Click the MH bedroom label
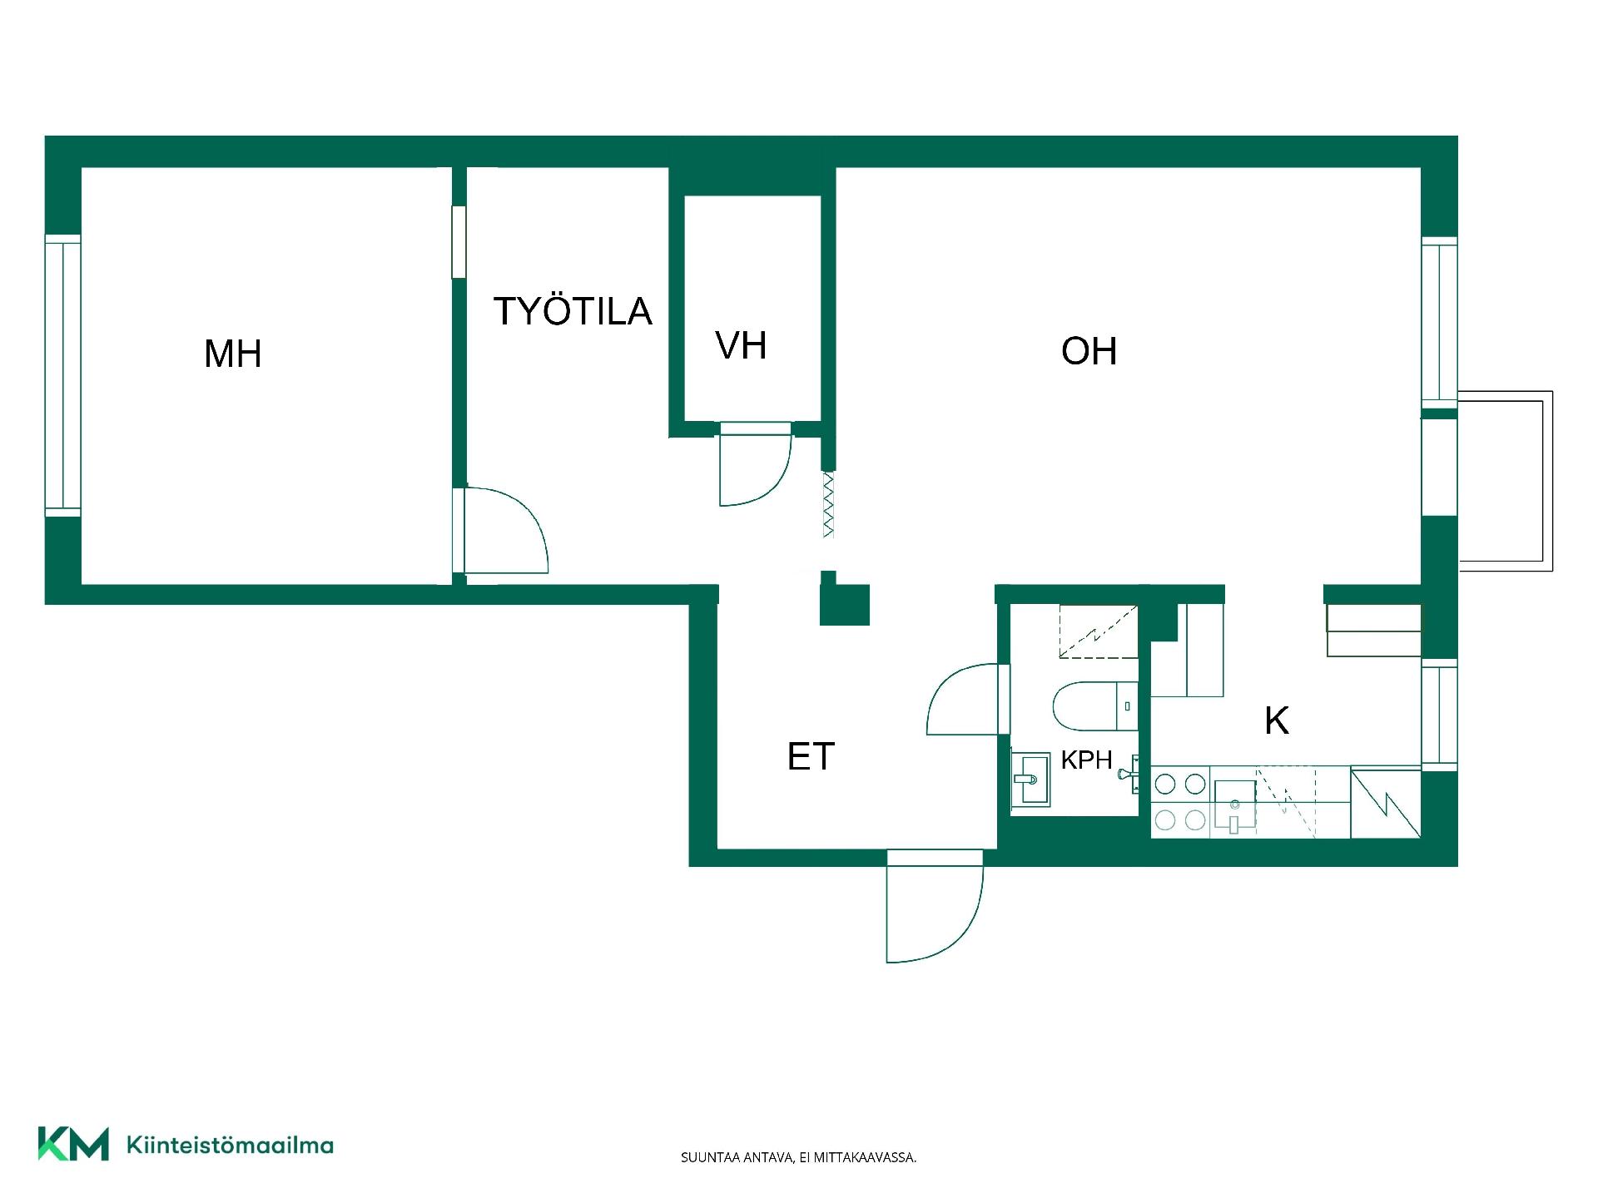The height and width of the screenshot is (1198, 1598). tap(233, 354)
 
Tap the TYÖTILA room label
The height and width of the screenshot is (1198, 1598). tap(573, 310)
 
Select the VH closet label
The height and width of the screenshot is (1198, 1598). tap(741, 345)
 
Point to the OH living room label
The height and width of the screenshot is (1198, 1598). tap(1089, 351)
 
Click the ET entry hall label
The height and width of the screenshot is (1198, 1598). tap(811, 756)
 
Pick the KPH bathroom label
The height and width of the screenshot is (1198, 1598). tap(1086, 760)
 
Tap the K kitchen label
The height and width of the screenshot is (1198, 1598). tap(1277, 720)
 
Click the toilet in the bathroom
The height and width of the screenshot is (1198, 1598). tap(1094, 706)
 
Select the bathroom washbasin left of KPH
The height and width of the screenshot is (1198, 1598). tap(1030, 779)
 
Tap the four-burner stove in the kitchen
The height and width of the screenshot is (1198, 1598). tap(1180, 802)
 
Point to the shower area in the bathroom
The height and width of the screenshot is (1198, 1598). tap(1098, 631)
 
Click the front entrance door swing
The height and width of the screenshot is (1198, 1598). tap(935, 907)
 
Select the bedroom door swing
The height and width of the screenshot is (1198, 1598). tap(504, 530)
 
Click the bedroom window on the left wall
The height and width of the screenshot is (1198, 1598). tap(62, 375)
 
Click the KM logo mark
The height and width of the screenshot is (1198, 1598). tap(73, 1143)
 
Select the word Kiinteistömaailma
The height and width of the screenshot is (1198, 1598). tap(230, 1145)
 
